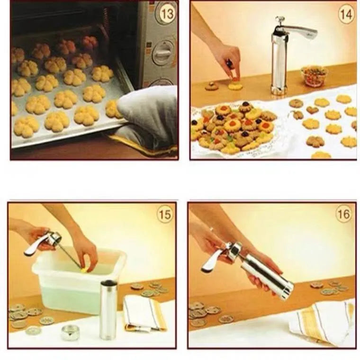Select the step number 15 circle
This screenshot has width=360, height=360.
[x=164, y=215]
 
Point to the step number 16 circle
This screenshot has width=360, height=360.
[x=344, y=214]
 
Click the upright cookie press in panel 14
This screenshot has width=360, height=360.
[x=279, y=62]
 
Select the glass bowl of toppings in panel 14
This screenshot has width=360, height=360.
[x=314, y=75]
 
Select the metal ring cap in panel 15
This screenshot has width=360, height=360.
[x=70, y=333]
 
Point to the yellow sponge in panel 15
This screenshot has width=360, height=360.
[x=85, y=270]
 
